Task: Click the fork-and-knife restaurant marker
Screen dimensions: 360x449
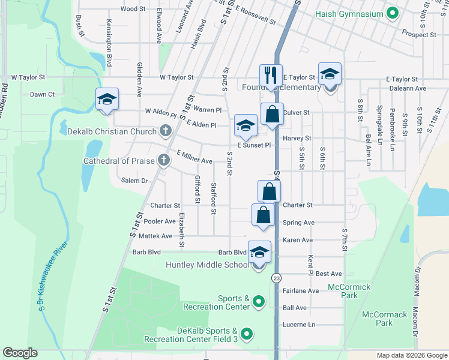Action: [271, 76]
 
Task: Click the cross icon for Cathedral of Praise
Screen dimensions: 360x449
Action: [163, 160]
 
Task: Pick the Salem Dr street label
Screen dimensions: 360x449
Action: [134, 181]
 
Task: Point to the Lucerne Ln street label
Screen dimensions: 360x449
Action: [299, 325]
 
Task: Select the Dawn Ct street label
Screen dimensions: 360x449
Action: [42, 94]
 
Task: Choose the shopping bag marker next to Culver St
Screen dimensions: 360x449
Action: [272, 113]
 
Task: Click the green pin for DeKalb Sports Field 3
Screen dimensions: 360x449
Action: [247, 333]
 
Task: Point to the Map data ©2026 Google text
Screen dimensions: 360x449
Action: [412, 355]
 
